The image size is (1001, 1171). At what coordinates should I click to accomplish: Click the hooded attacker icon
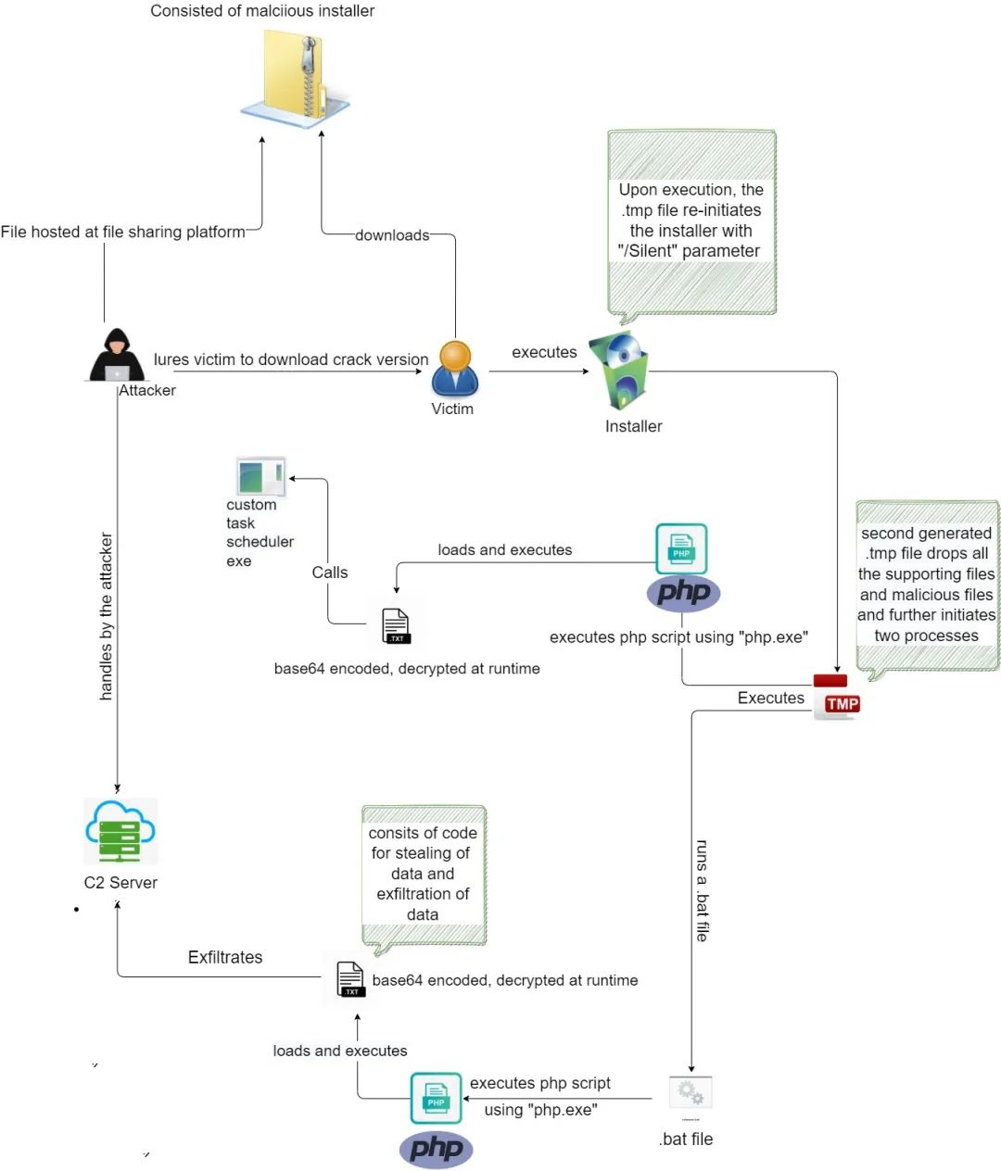[117, 356]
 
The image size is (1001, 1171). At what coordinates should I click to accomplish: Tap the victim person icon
[455, 369]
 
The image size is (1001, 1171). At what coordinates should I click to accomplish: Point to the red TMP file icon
[836, 698]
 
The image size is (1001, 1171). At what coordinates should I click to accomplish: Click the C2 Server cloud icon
[120, 831]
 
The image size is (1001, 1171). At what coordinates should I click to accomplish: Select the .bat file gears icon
[691, 1095]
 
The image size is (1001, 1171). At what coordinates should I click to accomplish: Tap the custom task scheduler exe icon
[260, 477]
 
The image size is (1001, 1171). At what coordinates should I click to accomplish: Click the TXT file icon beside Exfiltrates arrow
[350, 979]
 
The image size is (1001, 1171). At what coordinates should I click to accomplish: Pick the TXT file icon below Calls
[396, 626]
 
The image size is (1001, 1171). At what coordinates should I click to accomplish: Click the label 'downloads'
[392, 235]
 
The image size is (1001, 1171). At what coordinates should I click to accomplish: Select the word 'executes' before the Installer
[544, 352]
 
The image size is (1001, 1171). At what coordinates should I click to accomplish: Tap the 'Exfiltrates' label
[225, 957]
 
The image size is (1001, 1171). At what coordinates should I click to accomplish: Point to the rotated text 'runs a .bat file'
[703, 890]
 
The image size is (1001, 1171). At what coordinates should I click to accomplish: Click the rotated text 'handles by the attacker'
[107, 616]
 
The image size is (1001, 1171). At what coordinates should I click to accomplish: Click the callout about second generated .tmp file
[927, 585]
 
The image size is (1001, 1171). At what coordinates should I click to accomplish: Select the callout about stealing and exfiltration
[423, 874]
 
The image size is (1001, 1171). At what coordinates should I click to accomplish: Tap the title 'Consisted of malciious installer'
[262, 11]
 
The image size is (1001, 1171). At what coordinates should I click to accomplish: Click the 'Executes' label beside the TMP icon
[771, 698]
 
